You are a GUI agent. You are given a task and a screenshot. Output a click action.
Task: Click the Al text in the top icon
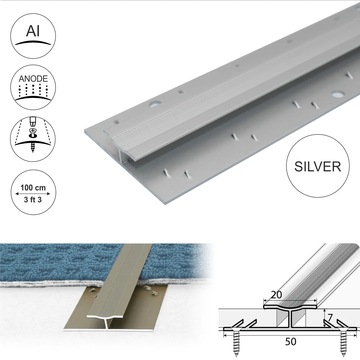[x=33, y=32]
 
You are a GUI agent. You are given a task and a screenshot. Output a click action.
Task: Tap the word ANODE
[x=33, y=78]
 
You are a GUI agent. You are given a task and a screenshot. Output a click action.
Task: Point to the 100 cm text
[x=33, y=188]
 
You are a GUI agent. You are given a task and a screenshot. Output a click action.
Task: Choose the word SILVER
[x=318, y=166]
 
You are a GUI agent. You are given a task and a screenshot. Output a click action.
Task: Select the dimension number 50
[x=291, y=341]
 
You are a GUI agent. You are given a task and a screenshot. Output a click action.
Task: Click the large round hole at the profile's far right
[x=337, y=94]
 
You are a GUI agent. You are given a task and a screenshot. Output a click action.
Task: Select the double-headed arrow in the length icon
[x=33, y=194]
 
